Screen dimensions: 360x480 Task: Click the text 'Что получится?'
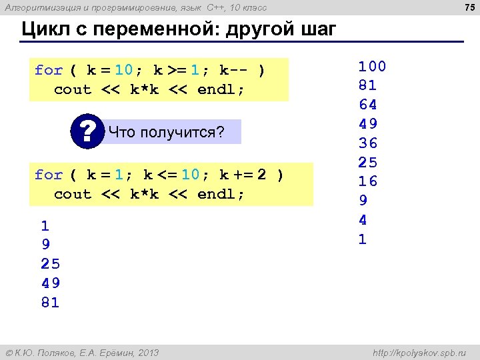click(x=166, y=132)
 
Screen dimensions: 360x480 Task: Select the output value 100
click(x=372, y=66)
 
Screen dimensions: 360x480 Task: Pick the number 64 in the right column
click(x=367, y=105)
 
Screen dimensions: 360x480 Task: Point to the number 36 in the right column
click(x=367, y=143)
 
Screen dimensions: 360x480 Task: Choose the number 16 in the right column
click(x=367, y=181)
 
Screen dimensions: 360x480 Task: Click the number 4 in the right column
click(x=363, y=219)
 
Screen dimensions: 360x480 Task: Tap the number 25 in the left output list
click(x=50, y=264)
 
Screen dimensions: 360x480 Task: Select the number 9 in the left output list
click(x=45, y=245)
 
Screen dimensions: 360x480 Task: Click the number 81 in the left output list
click(x=50, y=303)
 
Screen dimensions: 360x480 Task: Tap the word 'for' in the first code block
click(x=49, y=70)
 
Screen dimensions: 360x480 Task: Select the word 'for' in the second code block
click(x=49, y=175)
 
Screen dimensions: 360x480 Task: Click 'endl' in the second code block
click(x=217, y=194)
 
